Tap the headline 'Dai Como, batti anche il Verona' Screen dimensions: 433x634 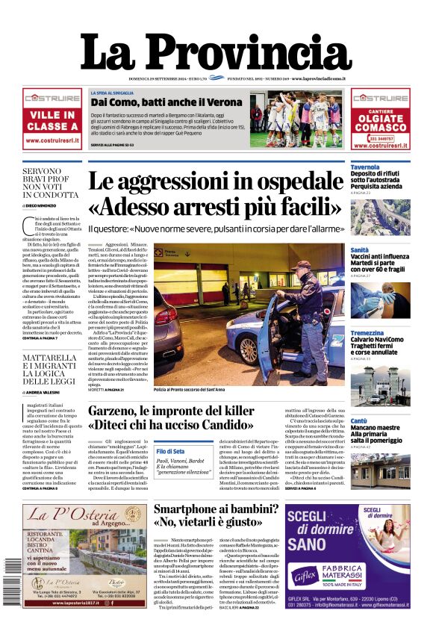[166, 102]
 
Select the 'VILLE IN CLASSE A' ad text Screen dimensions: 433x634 [52, 121]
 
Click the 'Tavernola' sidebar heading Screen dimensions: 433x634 [365, 167]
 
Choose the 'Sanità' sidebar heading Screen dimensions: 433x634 [359, 250]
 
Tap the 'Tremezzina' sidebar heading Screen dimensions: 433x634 [368, 333]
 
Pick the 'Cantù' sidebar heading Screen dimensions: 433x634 [359, 421]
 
